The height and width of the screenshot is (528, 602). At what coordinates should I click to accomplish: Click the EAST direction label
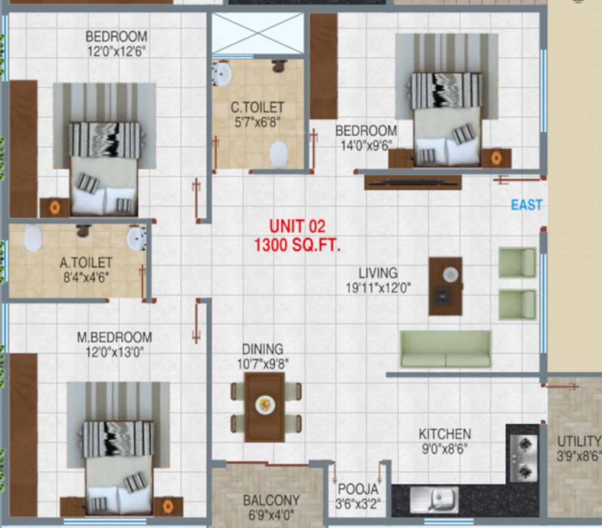(x=526, y=205)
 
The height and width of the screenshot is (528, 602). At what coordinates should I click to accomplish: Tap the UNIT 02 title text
(x=297, y=225)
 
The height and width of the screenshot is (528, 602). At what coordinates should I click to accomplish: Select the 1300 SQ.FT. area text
(x=297, y=244)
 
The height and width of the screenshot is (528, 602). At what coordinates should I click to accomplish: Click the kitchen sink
(x=434, y=499)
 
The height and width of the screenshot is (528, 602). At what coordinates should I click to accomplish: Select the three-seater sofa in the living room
(x=445, y=349)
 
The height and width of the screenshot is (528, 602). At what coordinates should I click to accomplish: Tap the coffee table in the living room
(x=445, y=285)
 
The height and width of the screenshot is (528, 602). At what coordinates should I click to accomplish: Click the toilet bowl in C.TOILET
(x=279, y=154)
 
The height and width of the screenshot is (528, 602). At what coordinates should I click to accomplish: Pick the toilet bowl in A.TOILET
(x=33, y=239)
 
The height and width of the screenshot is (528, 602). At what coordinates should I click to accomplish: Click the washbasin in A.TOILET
(x=136, y=238)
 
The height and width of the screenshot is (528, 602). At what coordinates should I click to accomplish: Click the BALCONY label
(x=271, y=500)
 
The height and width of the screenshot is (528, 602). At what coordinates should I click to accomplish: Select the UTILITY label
(x=579, y=441)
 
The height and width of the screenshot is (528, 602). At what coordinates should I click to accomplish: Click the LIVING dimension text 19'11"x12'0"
(x=378, y=289)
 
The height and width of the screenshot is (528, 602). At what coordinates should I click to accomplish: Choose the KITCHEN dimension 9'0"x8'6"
(x=445, y=450)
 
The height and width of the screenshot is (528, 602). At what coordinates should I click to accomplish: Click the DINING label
(x=263, y=349)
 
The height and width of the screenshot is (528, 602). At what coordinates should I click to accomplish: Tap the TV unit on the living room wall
(x=412, y=181)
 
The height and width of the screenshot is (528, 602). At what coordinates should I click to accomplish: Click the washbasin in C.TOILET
(x=221, y=74)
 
